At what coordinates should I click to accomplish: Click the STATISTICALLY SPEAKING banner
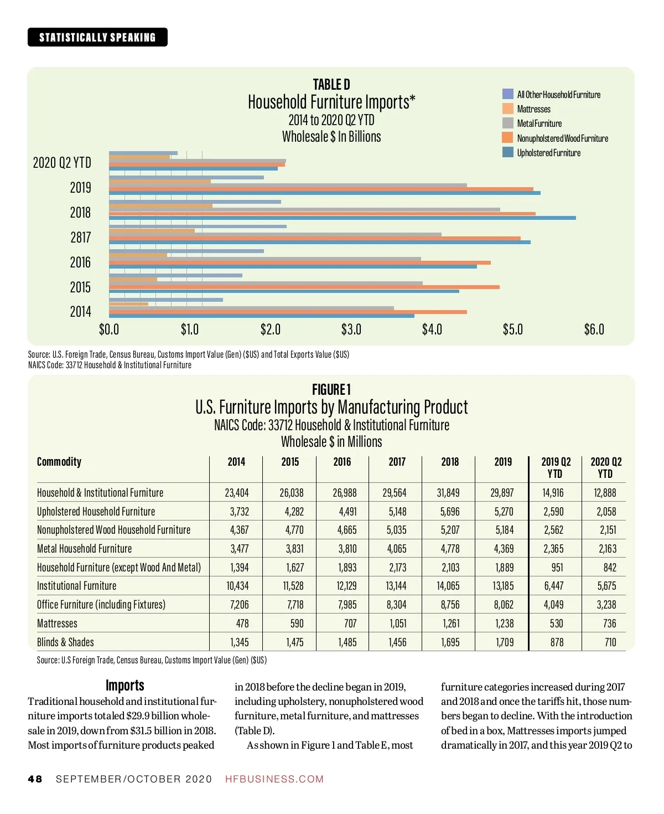[x=97, y=37]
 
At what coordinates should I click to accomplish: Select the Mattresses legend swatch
[x=507, y=109]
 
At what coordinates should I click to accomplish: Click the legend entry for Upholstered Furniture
[x=548, y=153]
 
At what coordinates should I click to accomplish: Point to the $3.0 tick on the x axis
[x=351, y=329]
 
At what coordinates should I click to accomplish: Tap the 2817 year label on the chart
[x=80, y=237]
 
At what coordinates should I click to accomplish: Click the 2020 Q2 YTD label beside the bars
[x=62, y=162]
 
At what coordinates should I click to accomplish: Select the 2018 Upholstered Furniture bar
[x=342, y=218]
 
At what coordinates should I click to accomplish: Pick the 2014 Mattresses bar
[x=128, y=304]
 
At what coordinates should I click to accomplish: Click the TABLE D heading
[x=331, y=85]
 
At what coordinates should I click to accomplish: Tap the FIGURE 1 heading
[x=331, y=389]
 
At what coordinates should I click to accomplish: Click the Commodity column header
[x=59, y=462]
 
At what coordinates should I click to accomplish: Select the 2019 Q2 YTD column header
[x=556, y=467]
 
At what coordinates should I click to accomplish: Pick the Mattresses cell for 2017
[x=397, y=624]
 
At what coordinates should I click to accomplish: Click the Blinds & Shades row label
[x=65, y=642]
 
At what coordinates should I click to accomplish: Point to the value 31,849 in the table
[x=449, y=493]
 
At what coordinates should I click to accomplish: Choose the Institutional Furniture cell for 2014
[x=237, y=586]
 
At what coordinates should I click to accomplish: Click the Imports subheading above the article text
[x=124, y=686]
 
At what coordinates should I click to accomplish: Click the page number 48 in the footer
[x=35, y=779]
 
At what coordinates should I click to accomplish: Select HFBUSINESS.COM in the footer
[x=274, y=779]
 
